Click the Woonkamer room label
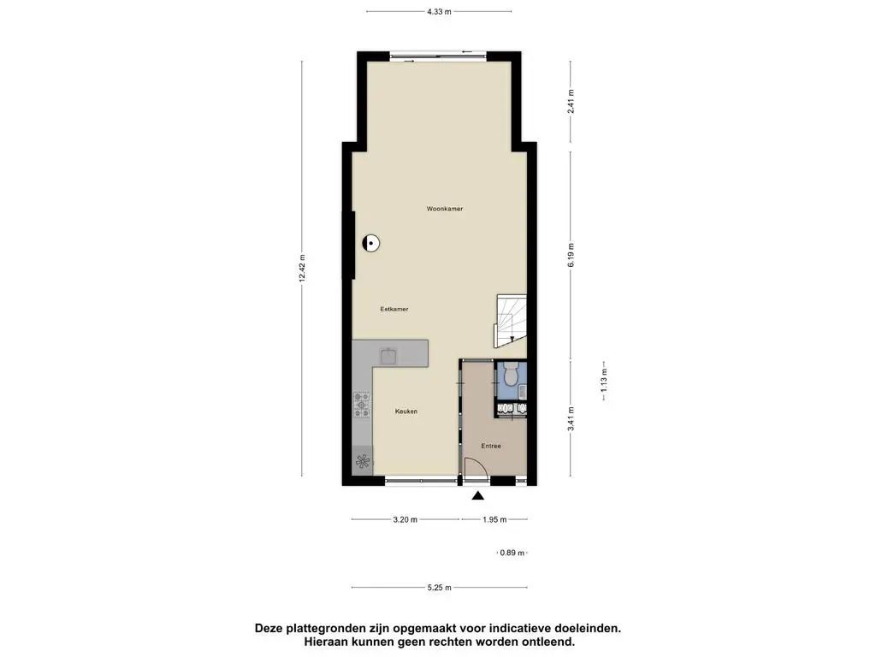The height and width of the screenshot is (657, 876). coord(445,209)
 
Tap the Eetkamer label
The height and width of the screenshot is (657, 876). coord(394,309)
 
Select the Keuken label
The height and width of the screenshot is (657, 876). coord(405,411)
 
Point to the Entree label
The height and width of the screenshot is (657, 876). coord(490,446)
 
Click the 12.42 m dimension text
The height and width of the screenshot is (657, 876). coord(302,273)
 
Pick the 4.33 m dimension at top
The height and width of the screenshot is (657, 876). coord(439,12)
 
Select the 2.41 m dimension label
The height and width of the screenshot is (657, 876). coord(571,102)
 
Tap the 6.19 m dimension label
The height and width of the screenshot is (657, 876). coord(571,254)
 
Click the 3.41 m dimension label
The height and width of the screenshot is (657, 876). coord(571,420)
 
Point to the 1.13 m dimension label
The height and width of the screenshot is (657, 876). coord(605,378)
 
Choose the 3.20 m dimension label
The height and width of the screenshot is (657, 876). coord(405,519)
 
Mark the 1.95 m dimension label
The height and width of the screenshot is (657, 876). coord(494,519)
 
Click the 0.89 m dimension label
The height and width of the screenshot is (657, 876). coord(513,553)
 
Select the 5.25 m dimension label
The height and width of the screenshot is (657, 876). coord(439,588)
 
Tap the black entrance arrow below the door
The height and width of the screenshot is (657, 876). coord(477,494)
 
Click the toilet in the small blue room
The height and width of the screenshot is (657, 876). coord(512,373)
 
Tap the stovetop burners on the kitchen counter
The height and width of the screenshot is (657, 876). coord(362,405)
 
